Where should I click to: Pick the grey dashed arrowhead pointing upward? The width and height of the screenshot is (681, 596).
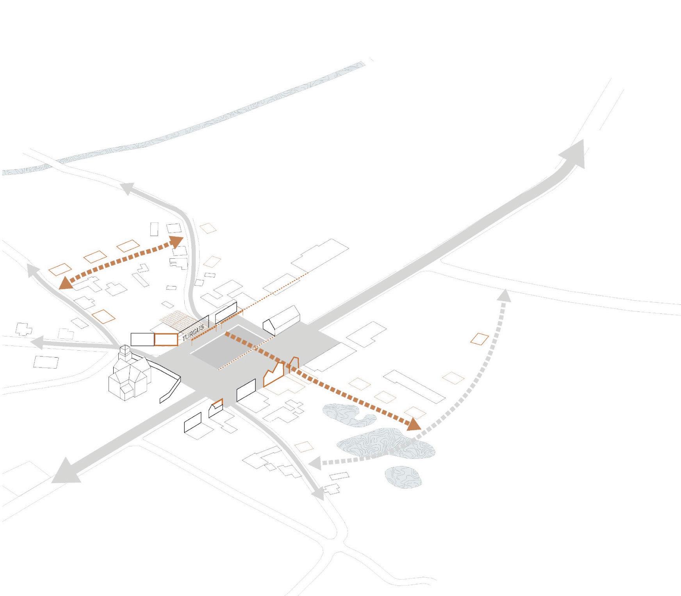(x=505, y=295)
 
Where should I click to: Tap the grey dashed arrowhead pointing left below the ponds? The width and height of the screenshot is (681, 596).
(x=315, y=464)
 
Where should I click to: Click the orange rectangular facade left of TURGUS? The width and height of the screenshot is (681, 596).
(x=166, y=339)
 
